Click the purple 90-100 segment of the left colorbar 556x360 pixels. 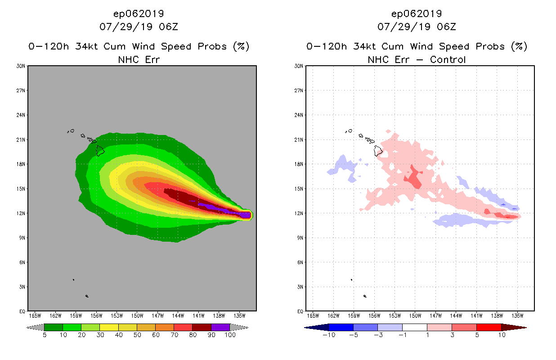220,327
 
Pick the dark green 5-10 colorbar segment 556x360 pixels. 54,327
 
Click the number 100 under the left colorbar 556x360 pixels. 230,335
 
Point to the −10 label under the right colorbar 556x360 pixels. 329,335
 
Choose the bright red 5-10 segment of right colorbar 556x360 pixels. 489,327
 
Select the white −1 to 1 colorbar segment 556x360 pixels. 414,327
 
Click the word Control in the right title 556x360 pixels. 448,59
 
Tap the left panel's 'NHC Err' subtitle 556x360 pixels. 139,59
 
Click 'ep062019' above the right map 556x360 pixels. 417,13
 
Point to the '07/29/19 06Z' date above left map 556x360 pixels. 139,27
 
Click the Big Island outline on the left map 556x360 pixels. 100,150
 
